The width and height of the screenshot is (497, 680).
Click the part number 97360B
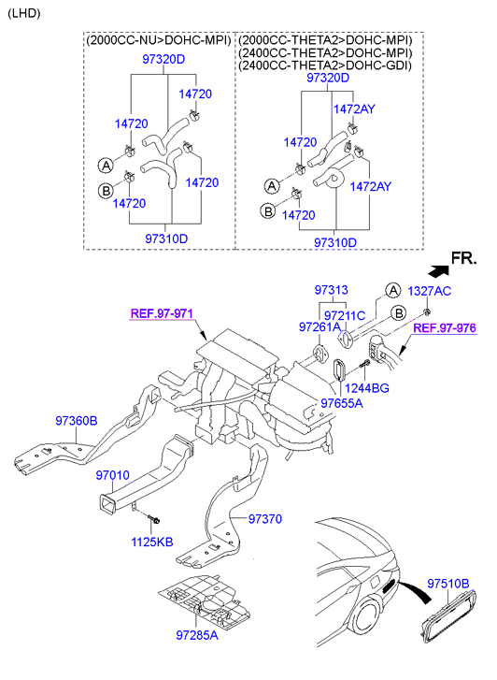click(x=77, y=421)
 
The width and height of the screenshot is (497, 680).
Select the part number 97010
click(x=113, y=475)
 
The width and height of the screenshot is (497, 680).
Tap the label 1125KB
click(x=152, y=542)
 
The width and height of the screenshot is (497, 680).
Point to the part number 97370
click(x=265, y=519)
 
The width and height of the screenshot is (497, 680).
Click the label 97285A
click(x=197, y=635)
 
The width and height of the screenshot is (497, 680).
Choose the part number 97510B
click(x=448, y=584)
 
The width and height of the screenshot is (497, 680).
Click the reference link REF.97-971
click(x=162, y=313)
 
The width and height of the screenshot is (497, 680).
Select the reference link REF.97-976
click(x=445, y=328)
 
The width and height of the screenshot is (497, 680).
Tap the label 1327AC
click(x=430, y=291)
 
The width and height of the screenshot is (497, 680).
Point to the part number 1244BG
click(x=366, y=388)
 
